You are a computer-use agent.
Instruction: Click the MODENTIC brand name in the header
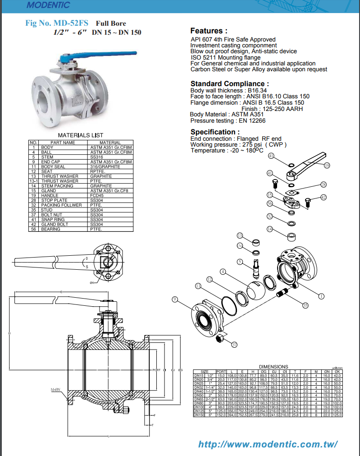pyautogui.click(x=48, y=5)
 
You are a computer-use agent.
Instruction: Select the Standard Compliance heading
pyautogui.click(x=230, y=83)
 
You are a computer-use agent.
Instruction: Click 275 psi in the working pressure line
pyautogui.click(x=252, y=144)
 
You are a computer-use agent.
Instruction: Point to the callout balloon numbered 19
pyautogui.click(x=327, y=165)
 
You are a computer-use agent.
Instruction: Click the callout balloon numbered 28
pyautogui.click(x=323, y=184)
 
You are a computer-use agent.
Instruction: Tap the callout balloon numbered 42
pyautogui.click(x=323, y=197)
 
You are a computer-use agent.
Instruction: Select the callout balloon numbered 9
pyautogui.click(x=175, y=299)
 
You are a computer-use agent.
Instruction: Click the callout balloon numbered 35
pyautogui.click(x=305, y=305)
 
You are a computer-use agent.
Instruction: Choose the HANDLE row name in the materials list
pyautogui.click(x=50, y=195)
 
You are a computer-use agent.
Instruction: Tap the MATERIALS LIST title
pyautogui.click(x=81, y=135)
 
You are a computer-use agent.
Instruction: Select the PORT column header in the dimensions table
pyautogui.click(x=221, y=371)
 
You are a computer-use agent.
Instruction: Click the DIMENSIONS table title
pyautogui.click(x=273, y=366)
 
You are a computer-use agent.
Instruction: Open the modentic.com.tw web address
pyautogui.click(x=268, y=444)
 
